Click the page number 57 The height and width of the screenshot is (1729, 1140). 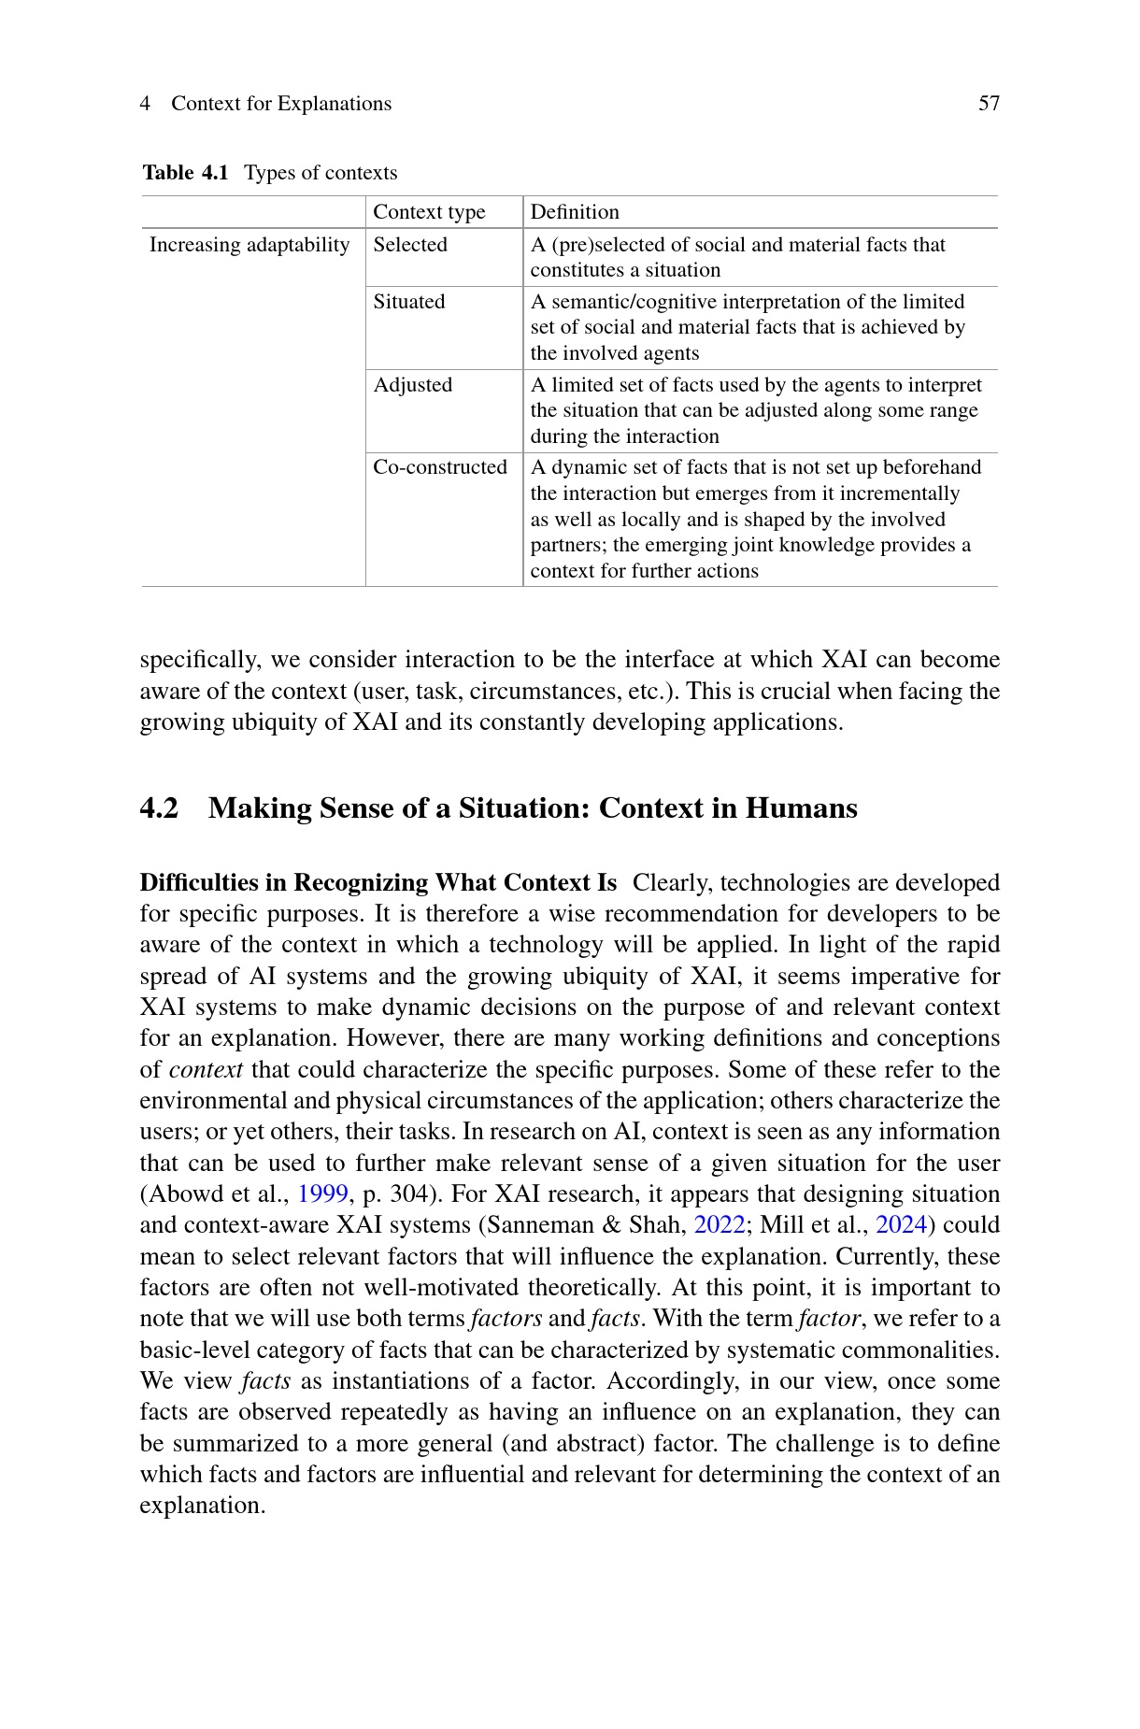pos(989,104)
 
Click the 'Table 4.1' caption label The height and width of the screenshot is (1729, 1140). pos(185,173)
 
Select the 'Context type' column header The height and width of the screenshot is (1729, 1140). pos(429,212)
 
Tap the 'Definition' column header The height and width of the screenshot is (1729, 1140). pos(575,212)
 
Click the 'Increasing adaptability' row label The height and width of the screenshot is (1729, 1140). pos(249,245)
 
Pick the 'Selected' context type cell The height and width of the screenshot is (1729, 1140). pos(410,245)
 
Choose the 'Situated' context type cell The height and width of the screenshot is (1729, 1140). pos(409,302)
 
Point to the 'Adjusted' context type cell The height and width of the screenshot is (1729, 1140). pos(412,385)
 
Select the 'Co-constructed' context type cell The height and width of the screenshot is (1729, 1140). pos(440,467)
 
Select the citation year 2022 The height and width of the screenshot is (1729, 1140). pos(720,1225)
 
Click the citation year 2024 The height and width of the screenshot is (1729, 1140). pos(901,1225)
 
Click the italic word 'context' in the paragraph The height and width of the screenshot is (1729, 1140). pos(206,1070)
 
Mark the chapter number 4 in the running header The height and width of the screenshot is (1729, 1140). pos(145,104)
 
